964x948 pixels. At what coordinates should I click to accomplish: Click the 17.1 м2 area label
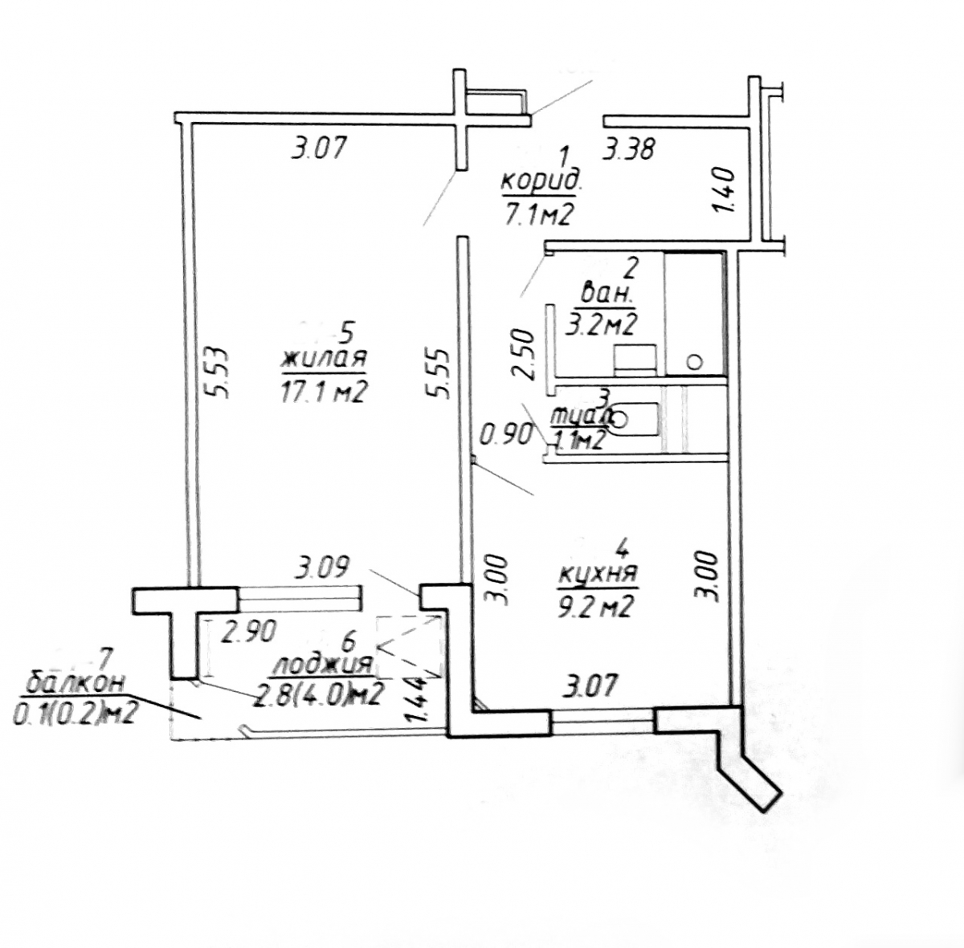tap(324, 392)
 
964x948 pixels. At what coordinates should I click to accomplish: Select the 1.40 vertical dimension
tap(725, 189)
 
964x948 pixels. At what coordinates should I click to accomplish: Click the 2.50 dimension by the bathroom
tap(524, 353)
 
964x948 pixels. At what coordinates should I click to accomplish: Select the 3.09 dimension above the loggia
tap(321, 569)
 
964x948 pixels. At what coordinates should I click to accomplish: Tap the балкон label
tap(76, 683)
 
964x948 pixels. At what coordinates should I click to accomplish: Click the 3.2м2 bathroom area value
tap(603, 324)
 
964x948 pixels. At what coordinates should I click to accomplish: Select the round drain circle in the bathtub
tap(696, 362)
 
